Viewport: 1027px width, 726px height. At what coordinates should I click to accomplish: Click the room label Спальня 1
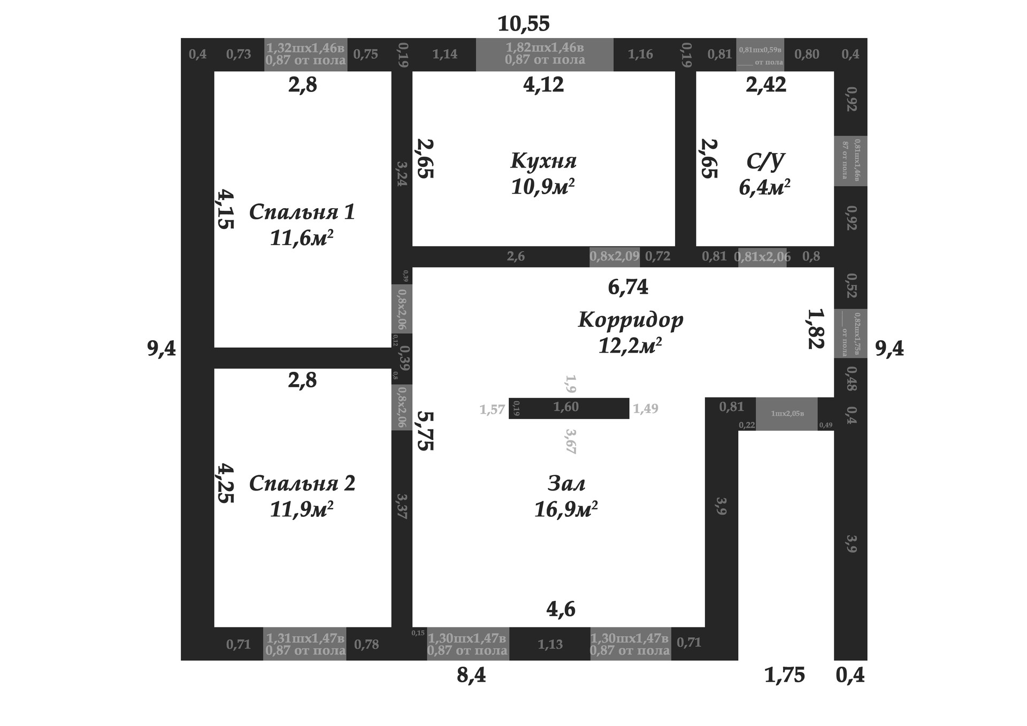(x=302, y=212)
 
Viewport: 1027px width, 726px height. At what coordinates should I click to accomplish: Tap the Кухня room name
(x=543, y=161)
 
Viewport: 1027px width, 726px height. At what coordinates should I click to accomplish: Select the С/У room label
(x=765, y=161)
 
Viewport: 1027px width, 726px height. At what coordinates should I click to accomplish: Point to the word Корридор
(x=631, y=319)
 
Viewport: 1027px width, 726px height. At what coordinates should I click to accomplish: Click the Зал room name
(x=566, y=484)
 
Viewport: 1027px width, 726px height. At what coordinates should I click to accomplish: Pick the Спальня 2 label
(x=302, y=484)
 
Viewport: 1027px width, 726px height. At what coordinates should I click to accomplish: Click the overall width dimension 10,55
(x=523, y=24)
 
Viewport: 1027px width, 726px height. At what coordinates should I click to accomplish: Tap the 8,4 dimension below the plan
(x=471, y=675)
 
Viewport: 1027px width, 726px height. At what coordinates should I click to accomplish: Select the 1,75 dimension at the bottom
(x=784, y=675)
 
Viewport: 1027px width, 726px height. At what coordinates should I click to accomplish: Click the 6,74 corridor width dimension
(x=628, y=287)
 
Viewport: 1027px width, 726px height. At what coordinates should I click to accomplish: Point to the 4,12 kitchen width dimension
(x=543, y=85)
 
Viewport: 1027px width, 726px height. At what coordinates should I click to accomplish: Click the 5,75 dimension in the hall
(x=425, y=431)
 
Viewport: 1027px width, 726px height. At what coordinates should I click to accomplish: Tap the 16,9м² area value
(x=566, y=509)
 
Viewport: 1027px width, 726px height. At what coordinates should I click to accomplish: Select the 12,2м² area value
(x=630, y=346)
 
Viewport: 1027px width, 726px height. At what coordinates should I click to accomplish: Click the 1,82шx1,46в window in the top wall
(x=545, y=54)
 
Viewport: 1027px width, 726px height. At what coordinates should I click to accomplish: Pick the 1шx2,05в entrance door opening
(x=787, y=414)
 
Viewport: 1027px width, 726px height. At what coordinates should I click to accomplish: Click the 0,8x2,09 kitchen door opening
(x=615, y=256)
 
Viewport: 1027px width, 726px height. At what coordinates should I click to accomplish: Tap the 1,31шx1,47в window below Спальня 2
(x=305, y=644)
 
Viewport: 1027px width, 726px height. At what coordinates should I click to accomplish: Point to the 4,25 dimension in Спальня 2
(x=225, y=483)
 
